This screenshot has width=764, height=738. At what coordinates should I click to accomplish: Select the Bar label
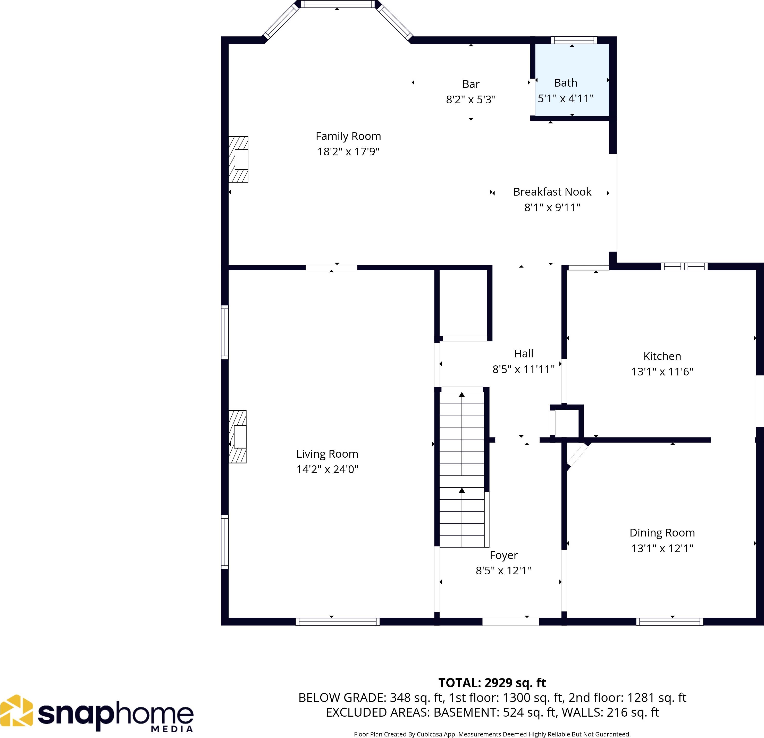[471, 84]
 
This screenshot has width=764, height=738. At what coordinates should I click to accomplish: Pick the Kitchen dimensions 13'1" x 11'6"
[662, 372]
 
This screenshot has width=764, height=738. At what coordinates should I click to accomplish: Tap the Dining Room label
[662, 533]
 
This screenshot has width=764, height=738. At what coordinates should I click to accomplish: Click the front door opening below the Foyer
[511, 622]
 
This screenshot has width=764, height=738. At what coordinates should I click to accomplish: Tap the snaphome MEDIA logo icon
[16, 710]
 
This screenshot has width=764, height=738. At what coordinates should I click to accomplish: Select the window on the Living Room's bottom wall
[338, 622]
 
